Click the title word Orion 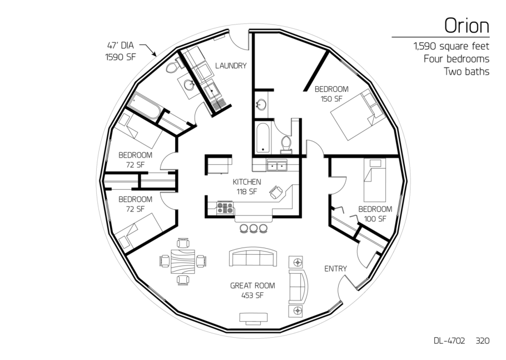(467, 26)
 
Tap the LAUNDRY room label (231, 66)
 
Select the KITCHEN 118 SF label (247, 186)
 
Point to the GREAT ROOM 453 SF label (252, 290)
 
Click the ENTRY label (336, 269)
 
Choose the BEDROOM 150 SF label (331, 94)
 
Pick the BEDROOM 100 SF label (375, 214)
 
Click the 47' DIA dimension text (120, 46)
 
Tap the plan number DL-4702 (449, 341)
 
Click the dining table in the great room (182, 262)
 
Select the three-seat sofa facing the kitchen (253, 257)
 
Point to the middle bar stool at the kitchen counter (254, 228)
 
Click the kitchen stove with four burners (225, 208)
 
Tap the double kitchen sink (277, 166)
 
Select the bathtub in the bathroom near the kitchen (263, 138)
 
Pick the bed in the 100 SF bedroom (375, 180)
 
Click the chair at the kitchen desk (276, 193)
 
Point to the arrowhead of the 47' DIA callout (155, 55)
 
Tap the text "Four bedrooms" (457, 59)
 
